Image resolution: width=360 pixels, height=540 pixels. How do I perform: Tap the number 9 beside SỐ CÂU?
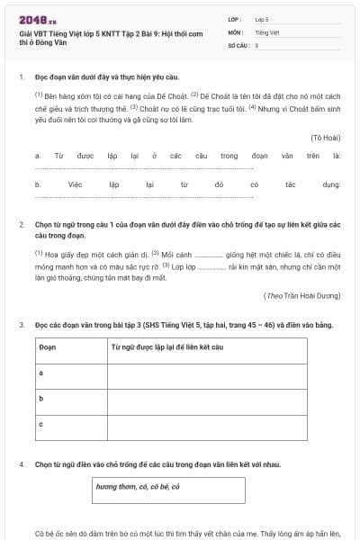coord(256,44)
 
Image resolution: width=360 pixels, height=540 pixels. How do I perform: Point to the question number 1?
coord(21,76)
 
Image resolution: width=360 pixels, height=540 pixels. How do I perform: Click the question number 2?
coord(21,223)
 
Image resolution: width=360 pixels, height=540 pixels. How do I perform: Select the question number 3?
coord(21,323)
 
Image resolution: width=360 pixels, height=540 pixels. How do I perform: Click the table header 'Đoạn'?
coord(47,346)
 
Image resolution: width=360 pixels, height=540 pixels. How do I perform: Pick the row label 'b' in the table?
coord(41,397)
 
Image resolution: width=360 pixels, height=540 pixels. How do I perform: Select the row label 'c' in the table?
coord(41,422)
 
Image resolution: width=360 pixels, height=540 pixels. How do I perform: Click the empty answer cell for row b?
coord(222,397)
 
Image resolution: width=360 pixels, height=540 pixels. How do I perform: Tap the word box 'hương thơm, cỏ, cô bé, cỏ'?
coord(140,487)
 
